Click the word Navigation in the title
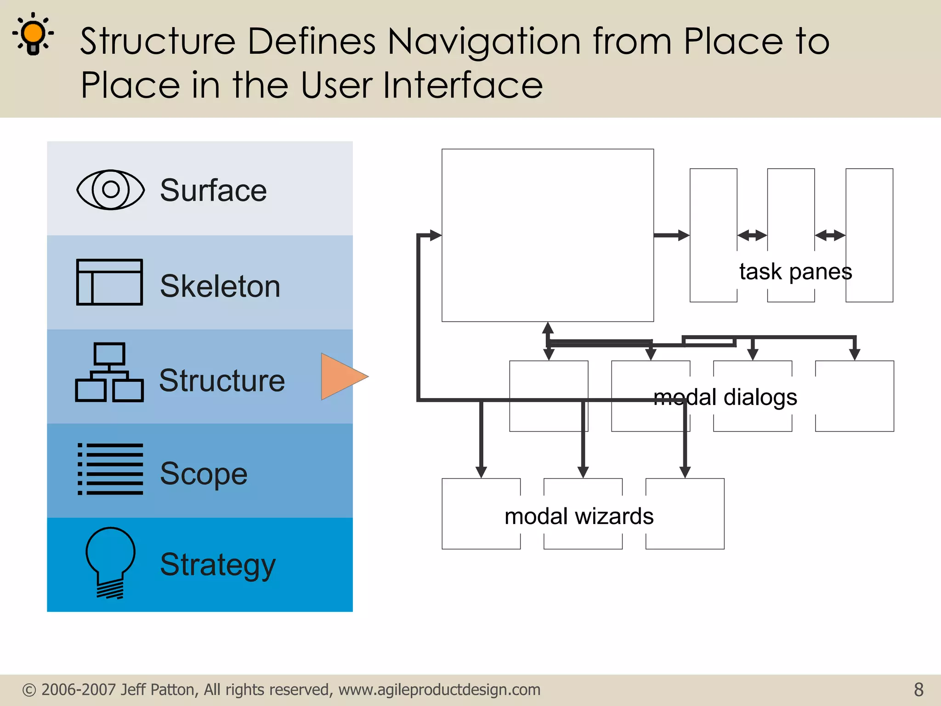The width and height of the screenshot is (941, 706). tap(484, 42)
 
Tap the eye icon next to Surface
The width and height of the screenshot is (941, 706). tap(110, 190)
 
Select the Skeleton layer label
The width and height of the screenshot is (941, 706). tap(220, 286)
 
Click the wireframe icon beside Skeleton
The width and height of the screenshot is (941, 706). tap(109, 282)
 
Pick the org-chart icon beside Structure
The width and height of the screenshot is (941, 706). tap(109, 372)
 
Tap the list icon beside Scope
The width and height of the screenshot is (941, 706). tap(110, 469)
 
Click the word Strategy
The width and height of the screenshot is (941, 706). tap(218, 565)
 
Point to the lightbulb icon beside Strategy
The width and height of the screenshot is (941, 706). tap(110, 562)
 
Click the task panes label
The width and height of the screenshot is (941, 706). tap(795, 271)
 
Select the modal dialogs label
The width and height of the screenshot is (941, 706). tap(725, 397)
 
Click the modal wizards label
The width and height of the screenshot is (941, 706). tap(579, 516)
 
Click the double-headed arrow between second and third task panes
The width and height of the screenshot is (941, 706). tap(830, 235)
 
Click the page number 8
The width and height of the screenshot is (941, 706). tap(918, 689)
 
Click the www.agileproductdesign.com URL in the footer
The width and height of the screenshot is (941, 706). tap(439, 689)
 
